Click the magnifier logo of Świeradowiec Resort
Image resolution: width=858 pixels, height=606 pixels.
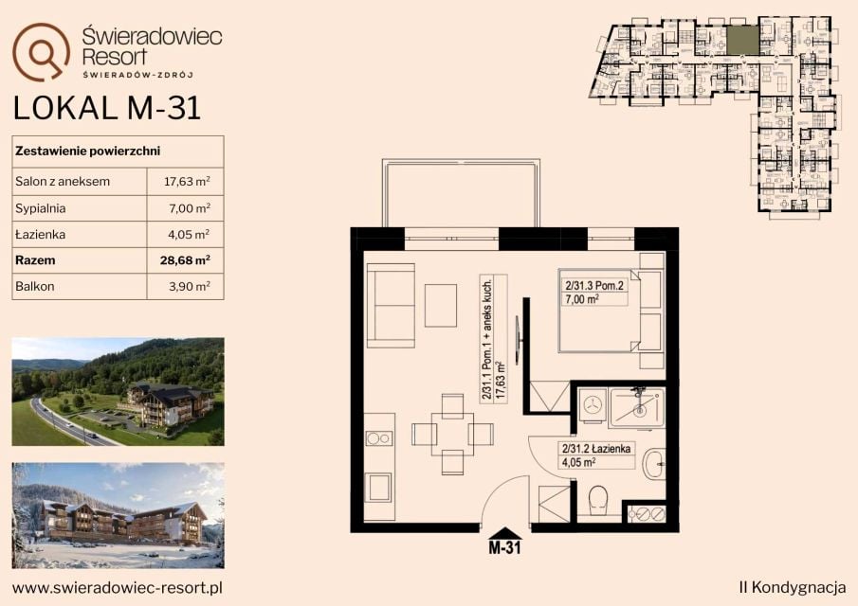click(x=41, y=51)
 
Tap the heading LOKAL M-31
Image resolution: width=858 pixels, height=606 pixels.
click(x=107, y=108)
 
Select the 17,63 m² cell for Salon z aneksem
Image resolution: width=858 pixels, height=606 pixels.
click(x=187, y=182)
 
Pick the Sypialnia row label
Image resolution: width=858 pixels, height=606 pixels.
click(x=41, y=208)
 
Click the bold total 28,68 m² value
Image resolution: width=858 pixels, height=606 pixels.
click(x=185, y=260)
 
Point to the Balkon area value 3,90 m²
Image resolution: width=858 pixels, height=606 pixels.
click(x=190, y=286)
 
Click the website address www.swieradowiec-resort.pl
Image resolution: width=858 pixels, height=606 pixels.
click(x=118, y=588)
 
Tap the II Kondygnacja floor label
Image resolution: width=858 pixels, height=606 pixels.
click(x=792, y=587)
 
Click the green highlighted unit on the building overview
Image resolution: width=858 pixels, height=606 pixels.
click(x=742, y=41)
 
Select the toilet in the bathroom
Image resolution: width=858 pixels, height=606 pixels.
click(x=597, y=500)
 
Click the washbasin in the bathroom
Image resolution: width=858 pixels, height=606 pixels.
click(x=654, y=464)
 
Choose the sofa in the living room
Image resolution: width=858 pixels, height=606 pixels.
click(x=391, y=306)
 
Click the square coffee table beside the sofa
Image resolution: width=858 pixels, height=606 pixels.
click(x=441, y=306)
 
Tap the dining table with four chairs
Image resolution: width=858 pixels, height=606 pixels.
click(x=452, y=434)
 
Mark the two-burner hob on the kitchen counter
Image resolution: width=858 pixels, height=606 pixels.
click(x=378, y=437)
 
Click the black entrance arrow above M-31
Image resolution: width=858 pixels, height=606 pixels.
click(x=504, y=533)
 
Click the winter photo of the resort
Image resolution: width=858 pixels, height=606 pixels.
click(x=119, y=516)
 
